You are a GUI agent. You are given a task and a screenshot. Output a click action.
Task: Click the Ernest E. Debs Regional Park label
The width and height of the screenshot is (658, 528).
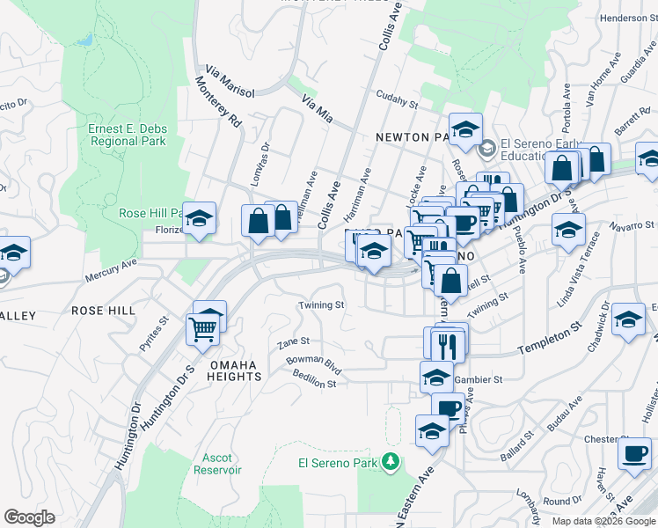click(127, 135)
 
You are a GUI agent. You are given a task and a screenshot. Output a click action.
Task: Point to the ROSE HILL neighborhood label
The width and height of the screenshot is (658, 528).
click(104, 311)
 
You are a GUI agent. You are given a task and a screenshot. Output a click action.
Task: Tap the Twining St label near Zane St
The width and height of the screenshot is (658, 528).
click(320, 305)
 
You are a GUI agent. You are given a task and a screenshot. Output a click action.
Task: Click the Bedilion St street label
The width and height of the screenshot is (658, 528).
click(315, 385)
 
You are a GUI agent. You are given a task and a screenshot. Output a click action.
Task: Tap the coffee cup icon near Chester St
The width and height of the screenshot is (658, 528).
click(633, 454)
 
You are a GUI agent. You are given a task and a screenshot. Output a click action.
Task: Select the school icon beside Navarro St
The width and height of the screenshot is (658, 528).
click(568, 231)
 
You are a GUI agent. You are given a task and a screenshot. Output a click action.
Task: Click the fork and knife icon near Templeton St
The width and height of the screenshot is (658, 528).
click(449, 343)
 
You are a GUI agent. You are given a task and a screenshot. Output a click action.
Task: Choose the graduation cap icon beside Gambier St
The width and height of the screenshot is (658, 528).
click(436, 378)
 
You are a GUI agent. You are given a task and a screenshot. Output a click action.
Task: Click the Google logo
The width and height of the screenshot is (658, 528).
click(29, 517)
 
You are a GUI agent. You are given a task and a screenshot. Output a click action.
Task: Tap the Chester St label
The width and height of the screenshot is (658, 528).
click(603, 439)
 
